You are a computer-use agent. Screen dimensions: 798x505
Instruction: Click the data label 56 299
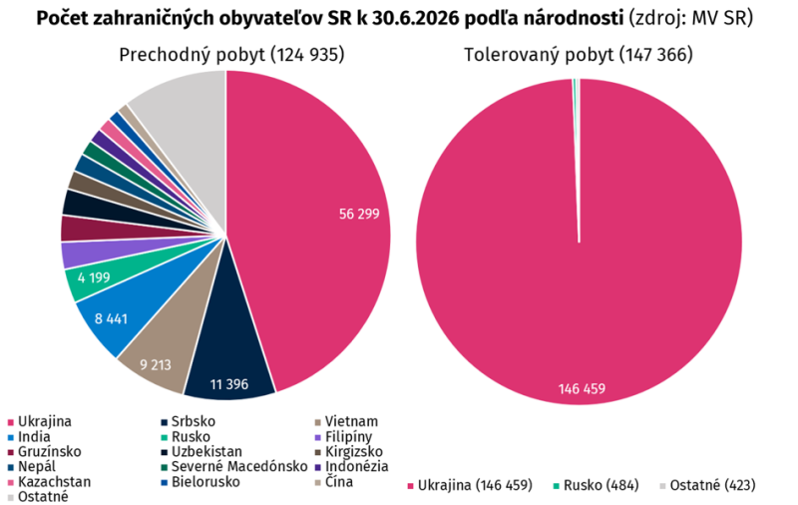[359, 214]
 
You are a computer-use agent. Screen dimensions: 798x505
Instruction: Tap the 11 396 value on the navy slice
[229, 384]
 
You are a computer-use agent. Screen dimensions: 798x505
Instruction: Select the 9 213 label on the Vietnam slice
[156, 365]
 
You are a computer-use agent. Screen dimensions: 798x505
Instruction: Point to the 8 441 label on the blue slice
[111, 319]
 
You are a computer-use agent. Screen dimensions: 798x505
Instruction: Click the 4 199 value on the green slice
[94, 278]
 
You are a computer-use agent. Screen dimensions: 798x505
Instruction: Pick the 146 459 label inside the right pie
[582, 389]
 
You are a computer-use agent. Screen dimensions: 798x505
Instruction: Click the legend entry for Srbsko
[188, 421]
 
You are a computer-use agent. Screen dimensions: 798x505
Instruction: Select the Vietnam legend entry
[346, 421]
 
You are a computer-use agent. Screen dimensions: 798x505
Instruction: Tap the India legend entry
[29, 437]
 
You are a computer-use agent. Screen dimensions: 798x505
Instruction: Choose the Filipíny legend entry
[343, 437]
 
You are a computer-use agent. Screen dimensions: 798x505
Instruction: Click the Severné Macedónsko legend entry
[234, 466]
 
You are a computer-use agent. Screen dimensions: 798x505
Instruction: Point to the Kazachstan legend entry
[49, 482]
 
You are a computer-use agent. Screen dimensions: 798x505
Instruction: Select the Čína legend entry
[334, 482]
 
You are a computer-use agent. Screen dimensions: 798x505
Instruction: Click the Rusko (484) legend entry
[596, 485]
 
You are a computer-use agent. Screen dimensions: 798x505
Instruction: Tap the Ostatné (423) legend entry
[707, 485]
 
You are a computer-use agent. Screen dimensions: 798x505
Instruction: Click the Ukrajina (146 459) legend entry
[470, 485]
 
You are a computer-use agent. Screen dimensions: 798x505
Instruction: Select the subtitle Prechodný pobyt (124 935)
[231, 55]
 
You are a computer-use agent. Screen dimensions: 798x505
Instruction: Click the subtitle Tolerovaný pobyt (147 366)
[579, 55]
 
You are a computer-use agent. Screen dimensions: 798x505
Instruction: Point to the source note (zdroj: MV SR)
[690, 18]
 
